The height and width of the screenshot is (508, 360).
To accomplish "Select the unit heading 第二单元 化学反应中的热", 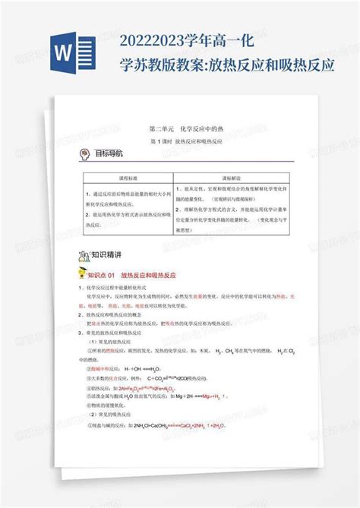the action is pos(178,131).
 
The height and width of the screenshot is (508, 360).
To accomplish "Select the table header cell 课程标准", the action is pos(121,174).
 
